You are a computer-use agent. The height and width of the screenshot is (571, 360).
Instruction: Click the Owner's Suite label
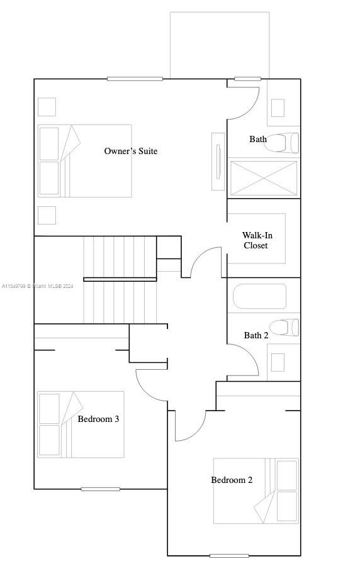coord(131,151)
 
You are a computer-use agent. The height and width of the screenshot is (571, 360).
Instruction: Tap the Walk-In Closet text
coord(257,240)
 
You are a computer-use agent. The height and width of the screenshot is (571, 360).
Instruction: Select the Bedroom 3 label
coord(98,419)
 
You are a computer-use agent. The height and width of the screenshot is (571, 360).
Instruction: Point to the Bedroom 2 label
coord(232,480)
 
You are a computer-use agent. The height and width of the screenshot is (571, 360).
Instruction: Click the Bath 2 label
coord(256,335)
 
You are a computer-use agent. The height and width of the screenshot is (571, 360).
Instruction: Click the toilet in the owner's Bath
coord(281,143)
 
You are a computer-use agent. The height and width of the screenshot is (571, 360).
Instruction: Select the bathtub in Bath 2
coord(259,296)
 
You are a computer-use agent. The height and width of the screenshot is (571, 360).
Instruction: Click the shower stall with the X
coord(264,178)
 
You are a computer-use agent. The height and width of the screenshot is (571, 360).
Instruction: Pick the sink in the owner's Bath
coord(278,108)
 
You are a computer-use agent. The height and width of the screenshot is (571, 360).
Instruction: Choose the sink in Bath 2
coord(278,362)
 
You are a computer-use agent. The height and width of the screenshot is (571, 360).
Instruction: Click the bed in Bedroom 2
coord(256,491)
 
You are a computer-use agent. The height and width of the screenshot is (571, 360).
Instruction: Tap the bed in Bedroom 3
coord(81,424)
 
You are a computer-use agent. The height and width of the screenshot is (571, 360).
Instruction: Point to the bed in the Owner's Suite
coord(84,161)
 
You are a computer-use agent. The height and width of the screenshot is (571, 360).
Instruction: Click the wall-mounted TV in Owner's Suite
coord(218,162)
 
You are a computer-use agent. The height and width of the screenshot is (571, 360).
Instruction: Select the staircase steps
coord(120,280)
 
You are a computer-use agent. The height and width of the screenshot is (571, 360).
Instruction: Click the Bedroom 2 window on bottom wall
coord(229,556)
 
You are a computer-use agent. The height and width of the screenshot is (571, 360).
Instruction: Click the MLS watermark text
coord(38,286)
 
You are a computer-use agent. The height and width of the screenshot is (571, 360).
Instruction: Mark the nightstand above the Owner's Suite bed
coord(47,107)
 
